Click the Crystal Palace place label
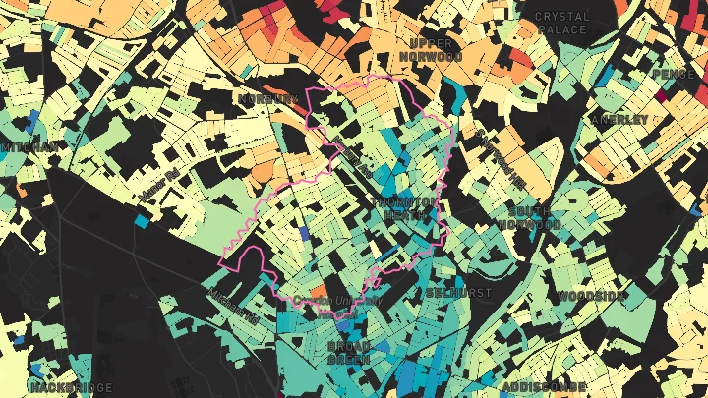pos(562,23)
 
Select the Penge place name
pos(676,74)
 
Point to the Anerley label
pos(619,119)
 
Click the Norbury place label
pos(267,99)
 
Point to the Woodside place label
pos(591,296)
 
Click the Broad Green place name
pos(348,353)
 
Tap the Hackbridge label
pos(71,387)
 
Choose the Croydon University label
pos(337,301)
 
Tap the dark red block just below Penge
pos(662,96)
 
